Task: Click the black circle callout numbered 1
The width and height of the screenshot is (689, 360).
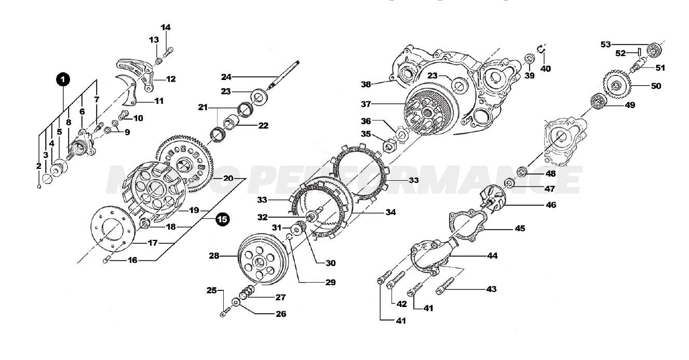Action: pos(62,79)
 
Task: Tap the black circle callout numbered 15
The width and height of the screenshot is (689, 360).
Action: pos(222,219)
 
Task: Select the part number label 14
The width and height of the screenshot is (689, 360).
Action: pos(165,27)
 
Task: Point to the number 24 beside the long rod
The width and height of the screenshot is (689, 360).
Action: pos(226,77)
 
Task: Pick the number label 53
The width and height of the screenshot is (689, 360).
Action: pos(606,44)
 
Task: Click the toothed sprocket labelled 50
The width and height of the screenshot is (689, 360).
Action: pos(616,86)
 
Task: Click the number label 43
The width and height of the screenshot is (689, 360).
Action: pos(491,289)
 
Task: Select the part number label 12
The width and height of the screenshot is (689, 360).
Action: pos(170,79)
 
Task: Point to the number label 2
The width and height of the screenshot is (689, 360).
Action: pos(38,166)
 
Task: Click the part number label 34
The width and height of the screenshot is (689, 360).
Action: pos(390,212)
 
